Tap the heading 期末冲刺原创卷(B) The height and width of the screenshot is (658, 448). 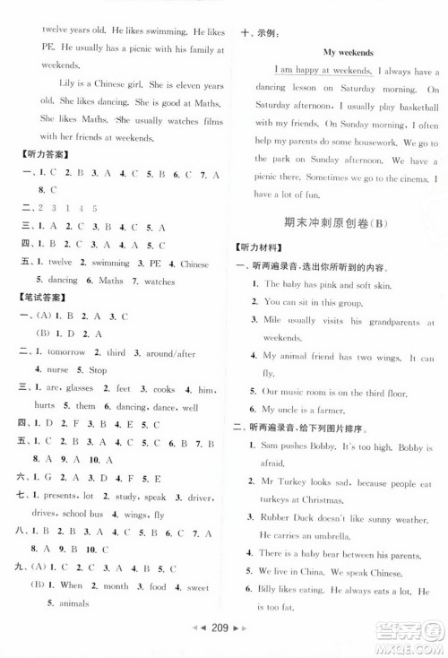(x=338, y=227)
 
